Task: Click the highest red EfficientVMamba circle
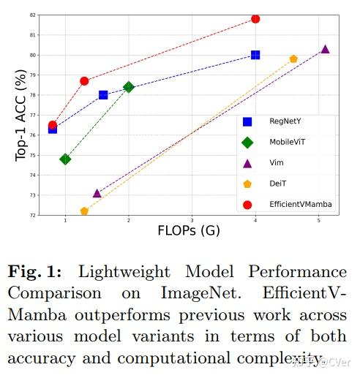click(255, 18)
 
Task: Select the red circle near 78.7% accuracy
click(84, 81)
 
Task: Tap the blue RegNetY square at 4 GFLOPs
click(255, 55)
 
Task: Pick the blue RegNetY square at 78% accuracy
click(103, 95)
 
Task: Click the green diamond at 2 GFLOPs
click(129, 87)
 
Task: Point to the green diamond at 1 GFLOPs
click(65, 159)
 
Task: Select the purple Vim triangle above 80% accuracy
click(325, 49)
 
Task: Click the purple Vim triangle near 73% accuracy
click(97, 193)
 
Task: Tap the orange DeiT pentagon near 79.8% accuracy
click(293, 58)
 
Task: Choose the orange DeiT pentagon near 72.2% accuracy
click(84, 211)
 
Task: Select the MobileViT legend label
click(288, 142)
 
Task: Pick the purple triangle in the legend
click(247, 163)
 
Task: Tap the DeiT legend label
click(278, 184)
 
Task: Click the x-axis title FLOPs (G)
click(189, 231)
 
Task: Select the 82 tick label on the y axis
click(33, 15)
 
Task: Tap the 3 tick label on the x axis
click(192, 219)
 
